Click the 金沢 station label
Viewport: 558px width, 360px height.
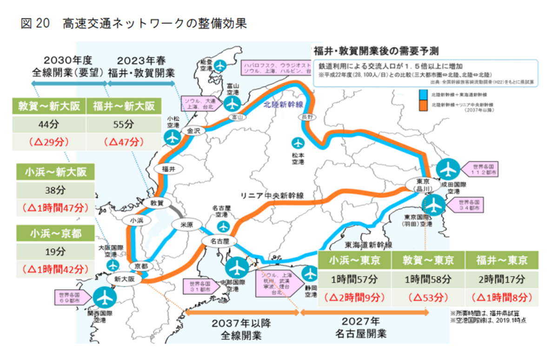pyautogui.click(x=193, y=131)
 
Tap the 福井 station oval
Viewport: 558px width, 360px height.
pyautogui.click(x=169, y=169)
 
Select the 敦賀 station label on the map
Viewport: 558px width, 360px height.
pyautogui.click(x=155, y=203)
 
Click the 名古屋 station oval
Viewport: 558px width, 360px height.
pyautogui.click(x=219, y=241)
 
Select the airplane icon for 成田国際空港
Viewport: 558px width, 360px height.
pyautogui.click(x=448, y=170)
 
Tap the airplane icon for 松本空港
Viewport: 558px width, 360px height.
pyautogui.click(x=297, y=143)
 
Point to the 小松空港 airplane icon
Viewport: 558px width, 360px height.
pyautogui.click(x=173, y=138)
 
